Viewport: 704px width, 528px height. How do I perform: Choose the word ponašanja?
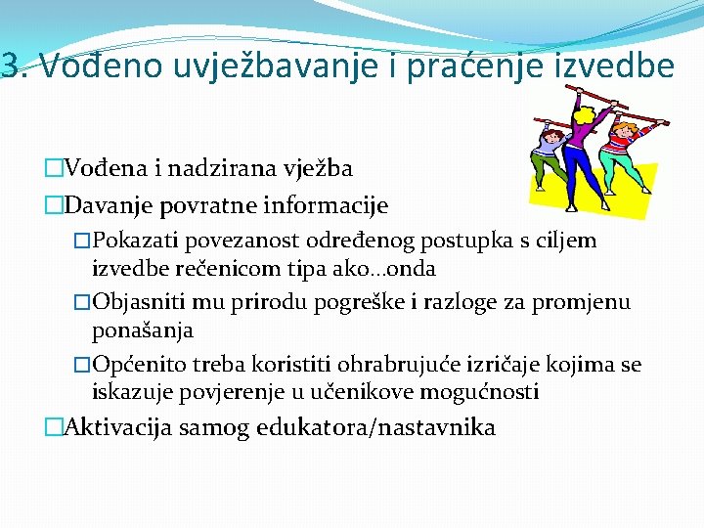pyautogui.click(x=142, y=330)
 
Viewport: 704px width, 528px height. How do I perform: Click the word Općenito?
pyautogui.click(x=136, y=365)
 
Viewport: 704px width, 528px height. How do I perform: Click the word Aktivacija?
pyautogui.click(x=113, y=427)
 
